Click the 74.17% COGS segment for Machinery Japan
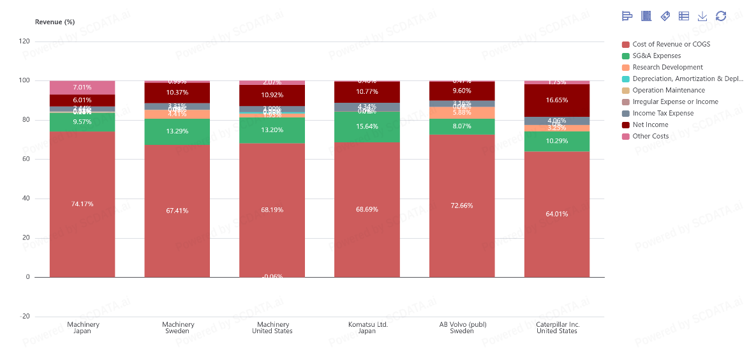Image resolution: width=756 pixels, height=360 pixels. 82,204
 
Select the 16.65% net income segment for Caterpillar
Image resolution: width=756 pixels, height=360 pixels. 557,100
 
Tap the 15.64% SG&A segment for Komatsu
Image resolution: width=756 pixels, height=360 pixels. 367,127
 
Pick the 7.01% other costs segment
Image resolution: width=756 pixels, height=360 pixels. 82,87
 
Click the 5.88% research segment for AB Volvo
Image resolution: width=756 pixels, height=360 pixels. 462,112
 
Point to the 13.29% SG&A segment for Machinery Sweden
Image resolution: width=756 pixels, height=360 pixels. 177,131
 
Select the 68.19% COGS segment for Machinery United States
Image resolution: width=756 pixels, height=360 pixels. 272,210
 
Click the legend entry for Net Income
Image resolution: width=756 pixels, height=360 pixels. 650,124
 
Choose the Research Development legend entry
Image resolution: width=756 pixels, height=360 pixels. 667,67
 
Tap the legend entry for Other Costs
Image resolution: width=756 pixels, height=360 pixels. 650,136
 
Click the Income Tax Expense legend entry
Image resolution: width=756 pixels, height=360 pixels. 663,113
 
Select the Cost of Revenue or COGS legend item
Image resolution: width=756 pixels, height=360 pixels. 671,44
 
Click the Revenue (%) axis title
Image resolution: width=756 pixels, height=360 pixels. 55,22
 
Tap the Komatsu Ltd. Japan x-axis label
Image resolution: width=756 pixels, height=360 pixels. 367,327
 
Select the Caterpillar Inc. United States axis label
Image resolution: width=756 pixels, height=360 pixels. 557,327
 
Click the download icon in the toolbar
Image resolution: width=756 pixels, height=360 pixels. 702,16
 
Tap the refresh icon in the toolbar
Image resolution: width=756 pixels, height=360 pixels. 721,16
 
